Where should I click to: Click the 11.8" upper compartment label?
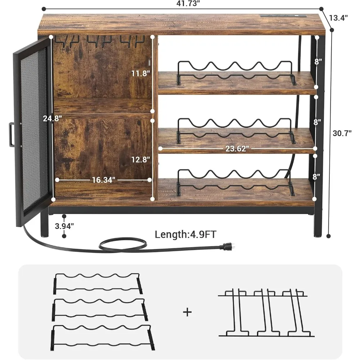pyautogui.click(x=140, y=73)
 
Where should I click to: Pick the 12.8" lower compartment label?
pyautogui.click(x=140, y=159)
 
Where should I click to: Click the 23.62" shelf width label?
pyautogui.click(x=238, y=149)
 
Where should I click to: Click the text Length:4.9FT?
pyautogui.click(x=185, y=235)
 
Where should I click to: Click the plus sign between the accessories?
pyautogui.click(x=187, y=312)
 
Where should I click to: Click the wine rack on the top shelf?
pyautogui.click(x=236, y=72)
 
